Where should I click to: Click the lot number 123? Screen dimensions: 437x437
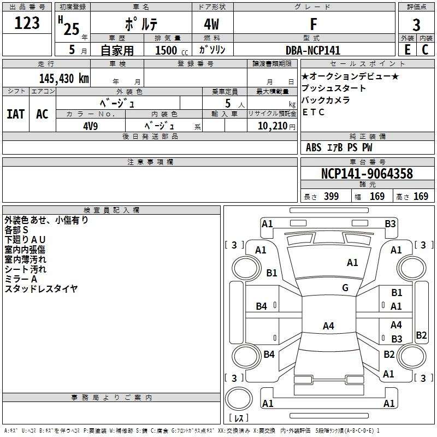point(27,22)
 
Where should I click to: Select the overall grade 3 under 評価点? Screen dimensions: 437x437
point(416,25)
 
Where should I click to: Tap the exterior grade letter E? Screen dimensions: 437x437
point(407,50)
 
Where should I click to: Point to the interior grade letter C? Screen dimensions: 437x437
point(425,50)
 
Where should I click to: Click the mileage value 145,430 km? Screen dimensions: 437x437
point(64,79)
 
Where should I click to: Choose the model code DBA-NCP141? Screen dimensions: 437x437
point(313,50)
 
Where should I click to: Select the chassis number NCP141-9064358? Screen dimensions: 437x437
point(367,173)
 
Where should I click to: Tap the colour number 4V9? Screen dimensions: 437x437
point(91,126)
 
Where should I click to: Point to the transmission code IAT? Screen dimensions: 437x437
point(16,114)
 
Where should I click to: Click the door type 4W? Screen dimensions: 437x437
point(211,24)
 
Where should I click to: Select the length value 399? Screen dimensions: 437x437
point(332,196)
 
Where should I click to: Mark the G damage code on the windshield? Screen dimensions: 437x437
point(345,287)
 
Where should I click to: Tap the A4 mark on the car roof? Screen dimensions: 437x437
point(328,326)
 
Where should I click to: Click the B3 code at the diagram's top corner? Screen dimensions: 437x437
point(390,224)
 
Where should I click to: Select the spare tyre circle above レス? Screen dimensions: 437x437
point(239,399)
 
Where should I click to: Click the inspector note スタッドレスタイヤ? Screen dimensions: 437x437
point(41,289)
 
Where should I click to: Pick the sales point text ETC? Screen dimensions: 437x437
point(313,112)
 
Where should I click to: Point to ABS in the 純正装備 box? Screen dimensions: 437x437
point(314,147)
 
